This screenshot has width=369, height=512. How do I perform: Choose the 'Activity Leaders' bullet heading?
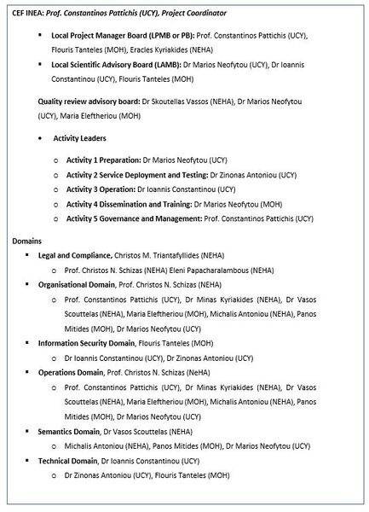(80, 137)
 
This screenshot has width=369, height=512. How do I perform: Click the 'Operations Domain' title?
(71, 373)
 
